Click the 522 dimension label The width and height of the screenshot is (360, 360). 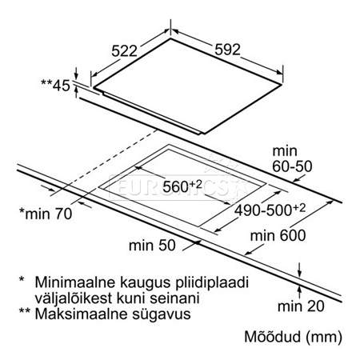click(124, 51)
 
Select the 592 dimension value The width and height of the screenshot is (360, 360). click(227, 50)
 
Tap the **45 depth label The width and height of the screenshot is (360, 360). click(55, 86)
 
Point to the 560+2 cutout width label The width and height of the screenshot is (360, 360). click(182, 186)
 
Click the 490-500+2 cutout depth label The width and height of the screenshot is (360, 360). click(270, 210)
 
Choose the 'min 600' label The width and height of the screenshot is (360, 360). click(278, 236)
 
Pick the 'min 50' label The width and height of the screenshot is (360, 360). click(152, 246)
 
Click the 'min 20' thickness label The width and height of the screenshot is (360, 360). click(301, 306)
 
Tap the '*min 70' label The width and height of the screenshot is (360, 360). click(46, 214)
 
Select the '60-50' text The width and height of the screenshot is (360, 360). click(292, 166)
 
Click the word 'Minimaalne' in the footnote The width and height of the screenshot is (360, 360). click(74, 282)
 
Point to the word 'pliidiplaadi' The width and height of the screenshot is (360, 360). click(212, 282)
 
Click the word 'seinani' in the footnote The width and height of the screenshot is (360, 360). click(174, 298)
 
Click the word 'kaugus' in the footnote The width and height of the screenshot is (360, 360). click(145, 283)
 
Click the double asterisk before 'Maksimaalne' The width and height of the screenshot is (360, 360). click(24, 311)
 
